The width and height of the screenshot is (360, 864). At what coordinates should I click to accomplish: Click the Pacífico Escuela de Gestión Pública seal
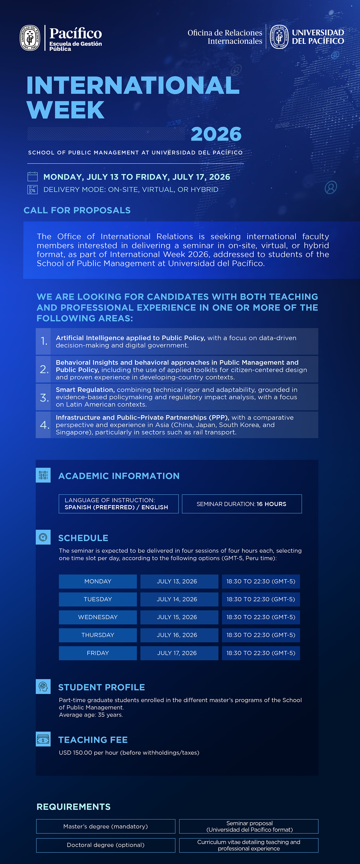click(30, 38)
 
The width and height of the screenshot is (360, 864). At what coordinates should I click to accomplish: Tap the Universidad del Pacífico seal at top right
click(279, 37)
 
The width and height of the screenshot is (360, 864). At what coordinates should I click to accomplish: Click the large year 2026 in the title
click(216, 134)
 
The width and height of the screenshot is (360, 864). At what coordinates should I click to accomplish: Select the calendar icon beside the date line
click(32, 177)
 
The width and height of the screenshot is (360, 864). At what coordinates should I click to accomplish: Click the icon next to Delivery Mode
click(32, 189)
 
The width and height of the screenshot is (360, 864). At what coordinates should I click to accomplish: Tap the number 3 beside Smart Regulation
click(44, 397)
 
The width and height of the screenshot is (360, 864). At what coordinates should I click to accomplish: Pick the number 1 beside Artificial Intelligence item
click(44, 341)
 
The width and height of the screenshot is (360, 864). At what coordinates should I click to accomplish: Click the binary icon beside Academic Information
click(43, 475)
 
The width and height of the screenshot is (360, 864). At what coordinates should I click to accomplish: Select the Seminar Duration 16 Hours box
click(242, 504)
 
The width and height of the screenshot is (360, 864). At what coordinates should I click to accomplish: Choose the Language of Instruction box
click(118, 504)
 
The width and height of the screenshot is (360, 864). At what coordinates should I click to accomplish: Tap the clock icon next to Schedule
click(43, 537)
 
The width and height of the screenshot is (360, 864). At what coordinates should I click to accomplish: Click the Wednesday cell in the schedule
click(98, 617)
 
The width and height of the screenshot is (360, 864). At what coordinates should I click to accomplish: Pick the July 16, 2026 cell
click(177, 635)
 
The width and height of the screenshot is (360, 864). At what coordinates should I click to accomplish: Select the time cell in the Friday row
click(261, 653)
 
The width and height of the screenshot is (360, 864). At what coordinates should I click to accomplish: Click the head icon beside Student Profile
click(43, 686)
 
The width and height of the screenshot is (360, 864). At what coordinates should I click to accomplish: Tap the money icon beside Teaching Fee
click(43, 739)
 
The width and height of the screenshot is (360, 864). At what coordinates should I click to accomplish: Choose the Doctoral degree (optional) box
click(106, 845)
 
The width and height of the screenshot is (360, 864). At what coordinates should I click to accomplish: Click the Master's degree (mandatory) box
click(106, 826)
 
